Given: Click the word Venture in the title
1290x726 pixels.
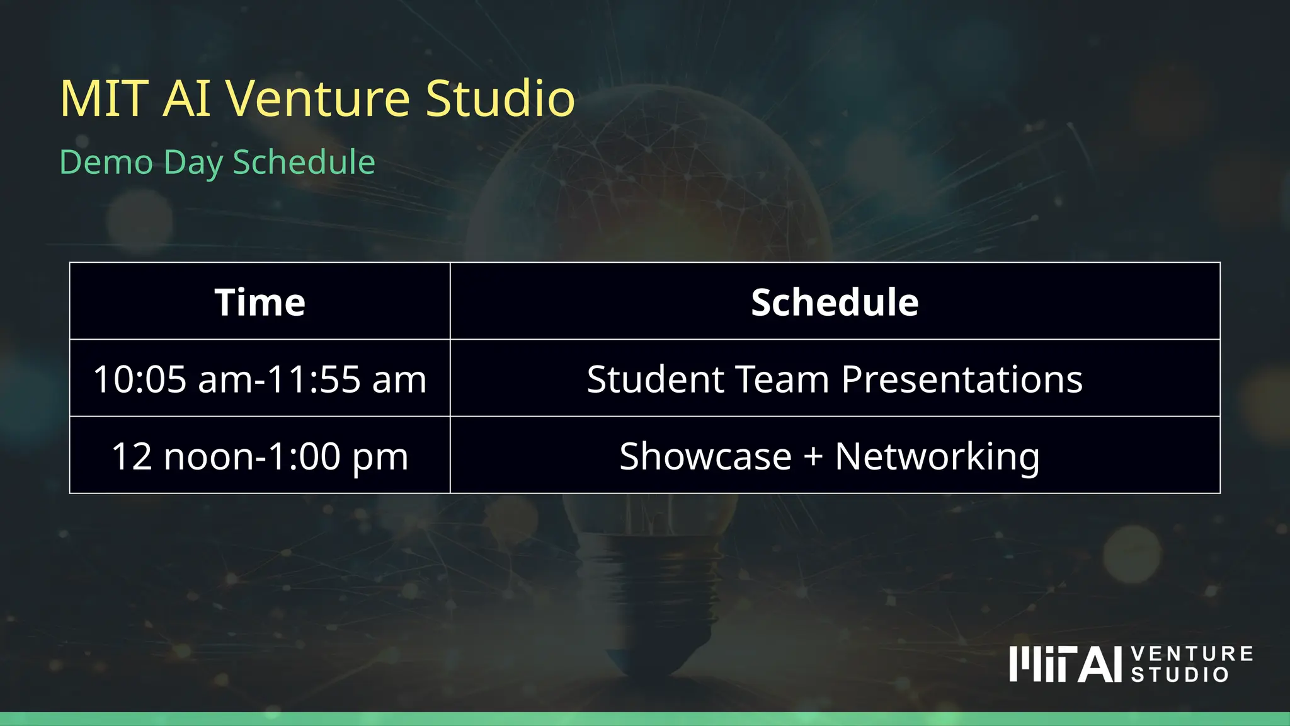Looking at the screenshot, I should point(318,99).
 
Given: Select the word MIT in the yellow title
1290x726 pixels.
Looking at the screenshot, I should point(104,99).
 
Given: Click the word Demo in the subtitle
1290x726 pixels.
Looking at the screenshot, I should point(106,163).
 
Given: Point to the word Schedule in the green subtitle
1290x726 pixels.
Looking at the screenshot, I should point(304,163).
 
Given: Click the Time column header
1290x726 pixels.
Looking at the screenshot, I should point(260,302).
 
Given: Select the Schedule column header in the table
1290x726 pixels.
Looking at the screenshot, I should point(835,302).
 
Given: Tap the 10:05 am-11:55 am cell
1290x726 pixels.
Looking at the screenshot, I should point(260,379).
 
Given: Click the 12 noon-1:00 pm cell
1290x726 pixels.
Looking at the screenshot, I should point(260,456).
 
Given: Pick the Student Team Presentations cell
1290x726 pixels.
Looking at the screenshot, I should point(835,379).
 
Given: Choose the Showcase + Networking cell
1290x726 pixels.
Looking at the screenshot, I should point(835,456).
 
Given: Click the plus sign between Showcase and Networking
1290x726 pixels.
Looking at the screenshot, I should point(813,456).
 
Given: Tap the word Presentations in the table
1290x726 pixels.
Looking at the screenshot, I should point(962,379).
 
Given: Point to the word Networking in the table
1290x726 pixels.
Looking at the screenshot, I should point(937,456).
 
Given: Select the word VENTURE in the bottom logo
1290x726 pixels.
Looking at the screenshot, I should point(1192,654).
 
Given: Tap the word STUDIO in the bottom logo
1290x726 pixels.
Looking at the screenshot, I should point(1179,675).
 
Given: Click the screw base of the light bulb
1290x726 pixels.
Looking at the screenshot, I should point(649,586).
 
